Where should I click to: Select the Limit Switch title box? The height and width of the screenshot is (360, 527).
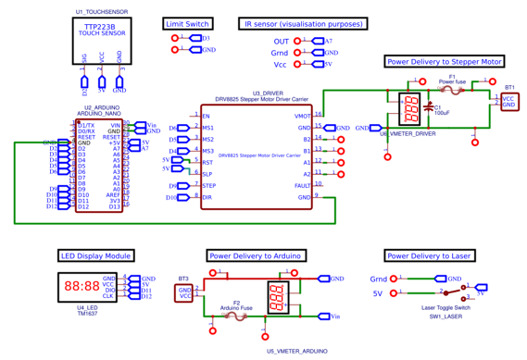click(x=186, y=23)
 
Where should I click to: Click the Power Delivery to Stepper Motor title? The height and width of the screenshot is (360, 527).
click(x=444, y=62)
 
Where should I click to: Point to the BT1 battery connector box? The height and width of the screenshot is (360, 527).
click(x=508, y=101)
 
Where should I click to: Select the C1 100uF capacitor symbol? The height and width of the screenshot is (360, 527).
click(x=428, y=109)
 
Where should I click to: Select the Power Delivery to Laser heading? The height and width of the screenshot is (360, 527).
click(x=429, y=255)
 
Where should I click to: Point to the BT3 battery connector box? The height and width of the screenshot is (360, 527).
click(x=184, y=292)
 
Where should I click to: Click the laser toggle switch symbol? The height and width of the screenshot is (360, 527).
click(x=460, y=290)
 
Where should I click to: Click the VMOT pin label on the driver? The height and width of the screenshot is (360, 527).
click(x=302, y=116)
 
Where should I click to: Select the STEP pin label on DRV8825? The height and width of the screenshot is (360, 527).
click(x=209, y=186)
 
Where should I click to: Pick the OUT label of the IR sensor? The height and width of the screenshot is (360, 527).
click(x=282, y=42)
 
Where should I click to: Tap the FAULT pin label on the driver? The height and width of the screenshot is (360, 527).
click(x=301, y=185)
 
